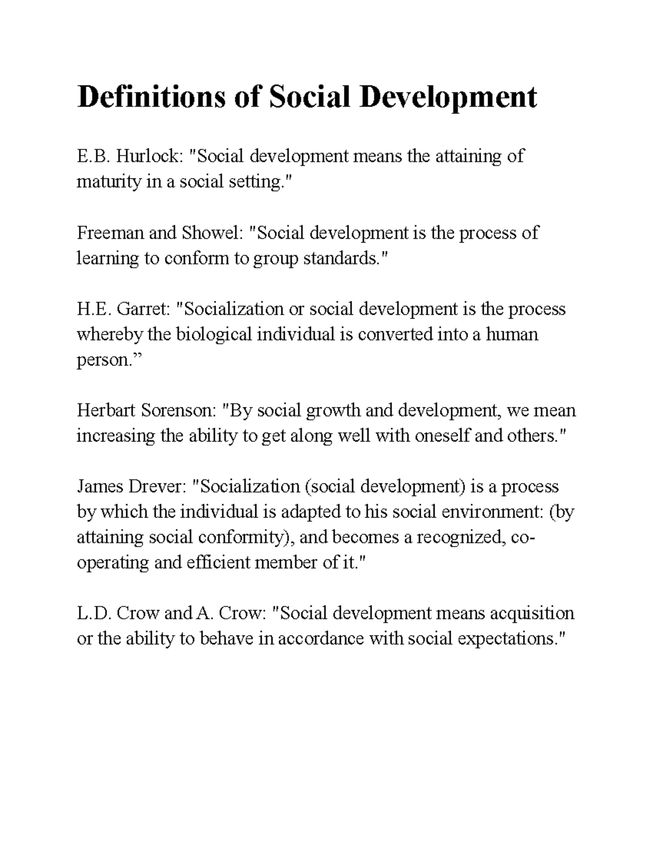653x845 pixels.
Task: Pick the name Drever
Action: pyautogui.click(x=158, y=486)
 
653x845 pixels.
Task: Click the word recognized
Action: pyautogui.click(x=461, y=537)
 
